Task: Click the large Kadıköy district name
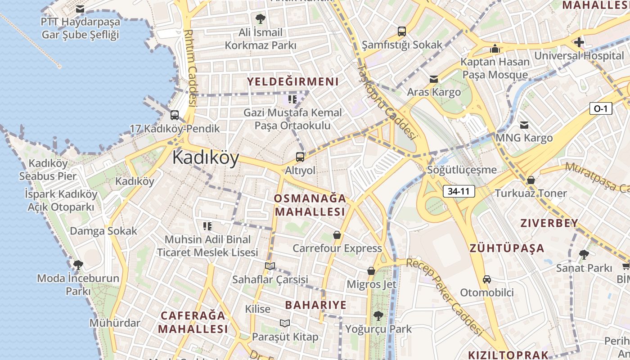click(x=205, y=158)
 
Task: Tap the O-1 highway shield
click(x=601, y=108)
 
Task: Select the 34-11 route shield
click(x=459, y=191)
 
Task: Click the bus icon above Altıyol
click(x=300, y=157)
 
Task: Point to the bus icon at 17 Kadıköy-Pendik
click(x=175, y=115)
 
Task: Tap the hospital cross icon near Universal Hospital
click(x=579, y=42)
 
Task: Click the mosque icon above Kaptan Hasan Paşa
click(x=495, y=49)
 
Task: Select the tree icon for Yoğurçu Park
click(x=378, y=316)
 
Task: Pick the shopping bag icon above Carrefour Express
click(x=337, y=235)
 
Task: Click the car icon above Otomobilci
click(x=486, y=279)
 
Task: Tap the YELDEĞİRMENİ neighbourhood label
click(x=292, y=81)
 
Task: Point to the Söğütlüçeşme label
click(x=462, y=170)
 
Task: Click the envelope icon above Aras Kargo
click(x=434, y=79)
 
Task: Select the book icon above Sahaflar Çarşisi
click(x=270, y=266)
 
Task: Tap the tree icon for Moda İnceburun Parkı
click(x=78, y=265)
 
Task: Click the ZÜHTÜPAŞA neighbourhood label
click(x=507, y=248)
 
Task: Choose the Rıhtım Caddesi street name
click(x=191, y=67)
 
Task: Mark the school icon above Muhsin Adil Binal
click(x=207, y=226)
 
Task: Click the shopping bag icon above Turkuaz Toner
click(x=531, y=180)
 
